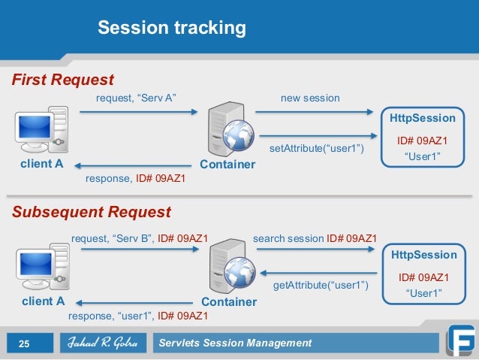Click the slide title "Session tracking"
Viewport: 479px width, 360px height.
pyautogui.click(x=172, y=29)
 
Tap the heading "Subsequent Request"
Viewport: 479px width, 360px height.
pyautogui.click(x=91, y=211)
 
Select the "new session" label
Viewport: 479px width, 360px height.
pyautogui.click(x=310, y=98)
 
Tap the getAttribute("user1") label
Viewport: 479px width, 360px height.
pyautogui.click(x=320, y=286)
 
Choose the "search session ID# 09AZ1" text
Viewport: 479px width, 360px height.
pyautogui.click(x=315, y=239)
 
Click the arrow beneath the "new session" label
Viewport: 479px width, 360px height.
pyautogui.click(x=314, y=112)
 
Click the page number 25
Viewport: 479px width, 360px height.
pyautogui.click(x=24, y=343)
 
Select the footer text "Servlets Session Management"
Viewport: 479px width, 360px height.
pyautogui.click(x=235, y=343)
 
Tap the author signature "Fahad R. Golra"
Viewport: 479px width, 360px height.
pyautogui.click(x=98, y=343)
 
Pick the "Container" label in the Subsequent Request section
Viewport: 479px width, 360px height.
pyautogui.click(x=230, y=301)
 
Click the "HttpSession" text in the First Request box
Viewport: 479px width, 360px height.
pyautogui.click(x=423, y=118)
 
